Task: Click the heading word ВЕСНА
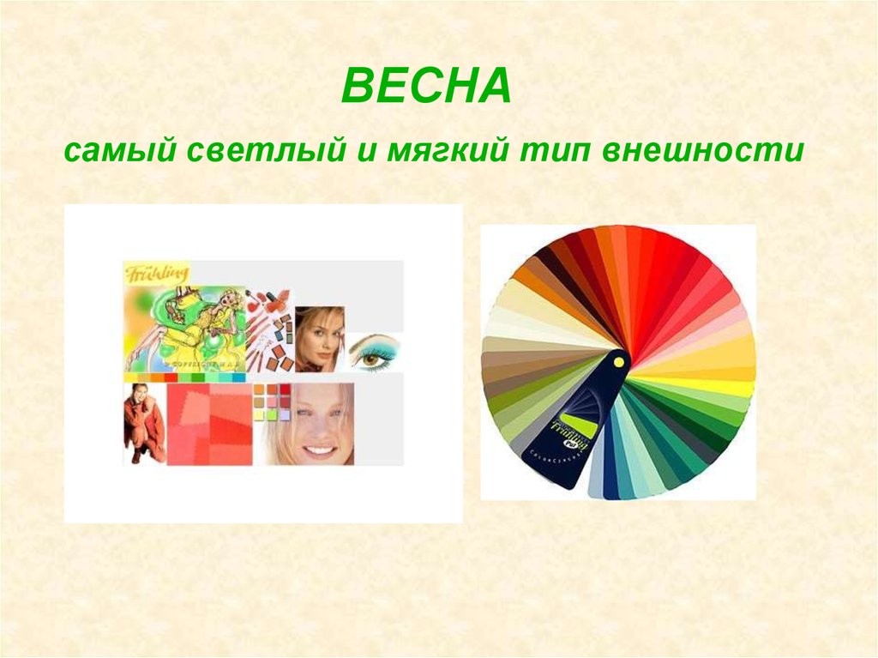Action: click(x=426, y=88)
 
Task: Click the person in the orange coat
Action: click(x=143, y=423)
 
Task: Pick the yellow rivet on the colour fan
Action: click(x=616, y=363)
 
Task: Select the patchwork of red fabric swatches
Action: click(x=209, y=425)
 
